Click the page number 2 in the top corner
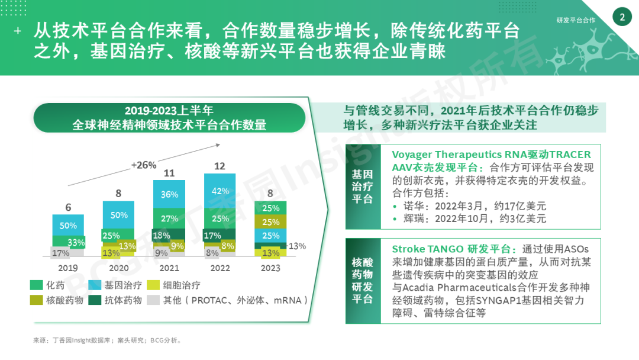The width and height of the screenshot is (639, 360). pyautogui.click(x=622, y=18)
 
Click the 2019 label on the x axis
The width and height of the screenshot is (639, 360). pyautogui.click(x=67, y=268)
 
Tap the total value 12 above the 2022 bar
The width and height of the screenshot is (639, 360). pyautogui.click(x=220, y=166)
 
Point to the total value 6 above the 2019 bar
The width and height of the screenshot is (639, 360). pyautogui.click(x=68, y=207)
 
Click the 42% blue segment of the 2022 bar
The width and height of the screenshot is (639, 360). pyautogui.click(x=220, y=191)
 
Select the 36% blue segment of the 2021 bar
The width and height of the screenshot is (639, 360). pyautogui.click(x=169, y=194)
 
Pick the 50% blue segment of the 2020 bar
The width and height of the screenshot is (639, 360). pyautogui.click(x=119, y=215)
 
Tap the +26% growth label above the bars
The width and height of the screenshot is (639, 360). pyautogui.click(x=144, y=165)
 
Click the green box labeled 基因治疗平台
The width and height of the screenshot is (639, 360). pyautogui.click(x=363, y=186)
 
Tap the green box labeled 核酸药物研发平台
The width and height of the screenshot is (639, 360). pyautogui.click(x=363, y=281)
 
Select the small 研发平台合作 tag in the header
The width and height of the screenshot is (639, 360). pyautogui.click(x=576, y=20)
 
